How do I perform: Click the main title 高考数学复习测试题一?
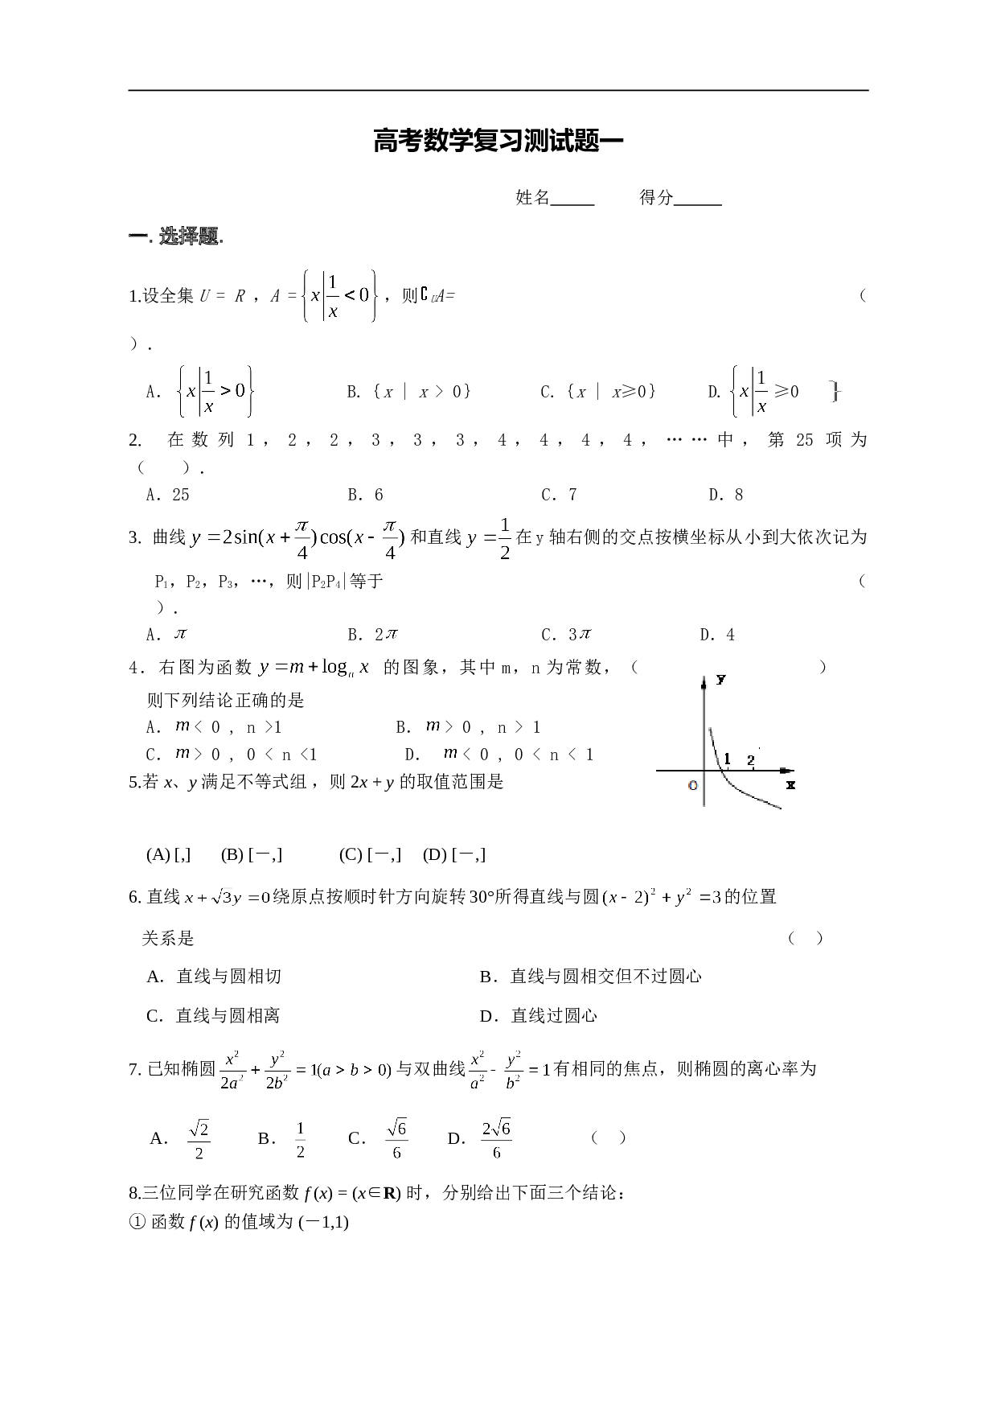coord(498,142)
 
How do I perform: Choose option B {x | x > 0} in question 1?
coord(409,392)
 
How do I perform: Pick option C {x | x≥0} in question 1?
coord(598,392)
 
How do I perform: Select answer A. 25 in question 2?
coord(168,495)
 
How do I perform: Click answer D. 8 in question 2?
coord(726,495)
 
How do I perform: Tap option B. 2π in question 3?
coord(373,635)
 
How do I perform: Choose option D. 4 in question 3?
coord(718,635)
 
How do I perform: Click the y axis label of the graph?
coord(721,680)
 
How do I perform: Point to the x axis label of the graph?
coord(790,784)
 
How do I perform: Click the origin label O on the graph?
coord(693,785)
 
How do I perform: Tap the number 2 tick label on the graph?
coord(750,760)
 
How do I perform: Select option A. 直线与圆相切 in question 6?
coord(214,977)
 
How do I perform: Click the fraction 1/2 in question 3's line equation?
coord(504,538)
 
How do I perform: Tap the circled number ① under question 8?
coord(136,1223)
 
